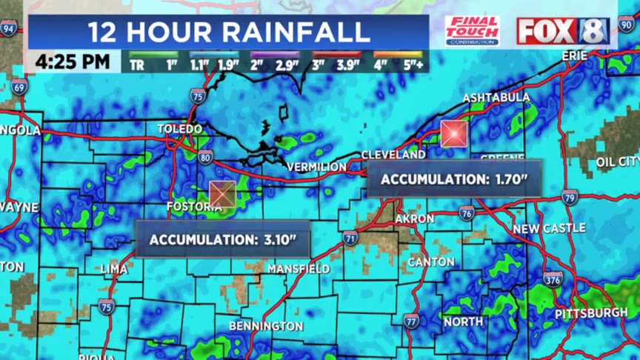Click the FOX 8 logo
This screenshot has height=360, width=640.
pyautogui.click(x=562, y=31)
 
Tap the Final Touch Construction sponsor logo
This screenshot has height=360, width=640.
pyautogui.click(x=472, y=31)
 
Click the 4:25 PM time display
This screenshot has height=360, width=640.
pyautogui.click(x=72, y=61)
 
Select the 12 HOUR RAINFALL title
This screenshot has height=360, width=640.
pyautogui.click(x=229, y=32)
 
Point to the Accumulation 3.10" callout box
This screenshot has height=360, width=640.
pyautogui.click(x=223, y=240)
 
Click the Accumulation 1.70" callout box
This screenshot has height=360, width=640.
pyautogui.click(x=454, y=179)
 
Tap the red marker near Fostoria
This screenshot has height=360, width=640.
pyautogui.click(x=222, y=193)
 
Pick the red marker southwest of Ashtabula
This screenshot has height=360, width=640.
pyautogui.click(x=453, y=133)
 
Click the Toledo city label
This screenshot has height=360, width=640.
pyautogui.click(x=180, y=129)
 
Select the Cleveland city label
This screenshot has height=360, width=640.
pyautogui.click(x=393, y=155)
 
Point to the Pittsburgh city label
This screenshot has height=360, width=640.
pyautogui.click(x=591, y=313)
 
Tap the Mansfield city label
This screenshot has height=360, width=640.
pyautogui.click(x=299, y=268)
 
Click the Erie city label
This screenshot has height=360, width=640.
pyautogui.click(x=574, y=56)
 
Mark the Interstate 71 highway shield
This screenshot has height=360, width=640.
pyautogui.click(x=350, y=238)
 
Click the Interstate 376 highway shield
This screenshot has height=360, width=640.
pyautogui.click(x=553, y=279)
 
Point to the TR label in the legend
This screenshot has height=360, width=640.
pyautogui.click(x=137, y=65)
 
